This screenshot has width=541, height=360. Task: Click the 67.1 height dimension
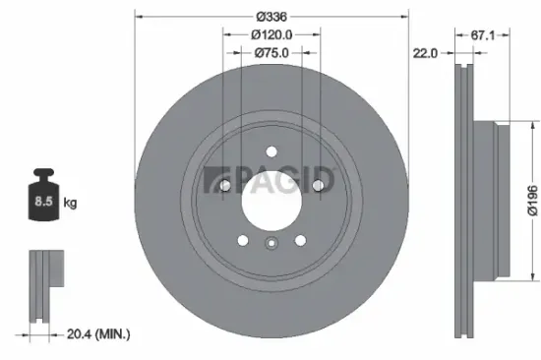(481, 34)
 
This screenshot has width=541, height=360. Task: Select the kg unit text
(70, 204)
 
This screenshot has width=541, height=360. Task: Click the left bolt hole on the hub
(223, 185)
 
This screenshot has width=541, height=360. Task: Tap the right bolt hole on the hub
(318, 185)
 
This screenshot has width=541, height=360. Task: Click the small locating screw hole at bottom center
(270, 245)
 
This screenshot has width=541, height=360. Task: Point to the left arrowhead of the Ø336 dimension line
(138, 18)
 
